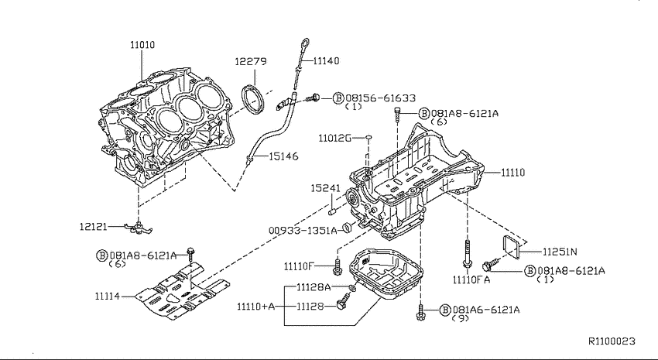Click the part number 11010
pyautogui.click(x=142, y=44)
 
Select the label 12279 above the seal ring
pyautogui.click(x=251, y=61)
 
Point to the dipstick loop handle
pyautogui.click(x=305, y=43)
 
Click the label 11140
pyautogui.click(x=327, y=61)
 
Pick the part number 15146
pyautogui.click(x=283, y=156)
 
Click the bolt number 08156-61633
pyautogui.click(x=380, y=98)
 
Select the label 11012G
pyautogui.click(x=334, y=138)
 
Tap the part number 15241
pyautogui.click(x=325, y=188)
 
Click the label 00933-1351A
pyautogui.click(x=303, y=231)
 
